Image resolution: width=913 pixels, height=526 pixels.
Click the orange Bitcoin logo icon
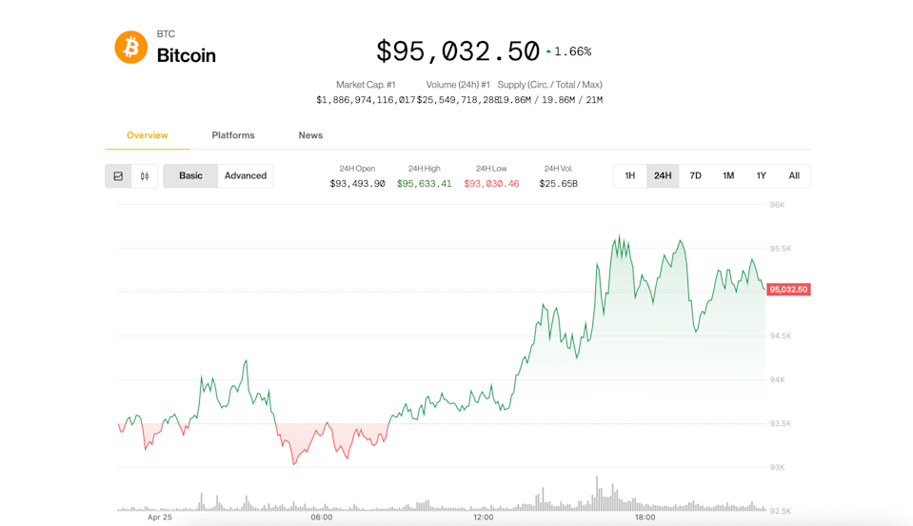[x=131, y=47]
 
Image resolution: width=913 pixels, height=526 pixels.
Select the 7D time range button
[x=696, y=175]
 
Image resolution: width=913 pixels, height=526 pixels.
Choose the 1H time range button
[x=630, y=175]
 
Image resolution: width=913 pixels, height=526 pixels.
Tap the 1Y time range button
[x=762, y=175]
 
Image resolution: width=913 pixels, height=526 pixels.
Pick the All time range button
[x=794, y=175]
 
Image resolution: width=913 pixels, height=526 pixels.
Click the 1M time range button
[x=728, y=175]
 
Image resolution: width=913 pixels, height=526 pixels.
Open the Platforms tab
[x=233, y=135]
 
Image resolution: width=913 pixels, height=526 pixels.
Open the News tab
[x=310, y=135]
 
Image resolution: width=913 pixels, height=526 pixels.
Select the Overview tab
[x=148, y=135]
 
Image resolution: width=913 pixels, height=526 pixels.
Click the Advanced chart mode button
[x=246, y=175]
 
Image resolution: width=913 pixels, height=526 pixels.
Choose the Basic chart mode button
[x=190, y=175]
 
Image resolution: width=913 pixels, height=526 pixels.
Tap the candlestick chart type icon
[x=145, y=176]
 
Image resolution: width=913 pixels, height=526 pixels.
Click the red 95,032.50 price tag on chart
[x=788, y=290]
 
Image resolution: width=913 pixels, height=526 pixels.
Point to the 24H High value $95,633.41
[x=424, y=184]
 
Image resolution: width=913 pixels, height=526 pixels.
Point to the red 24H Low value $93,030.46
[x=491, y=184]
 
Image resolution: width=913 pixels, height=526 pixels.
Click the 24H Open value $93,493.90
[x=357, y=184]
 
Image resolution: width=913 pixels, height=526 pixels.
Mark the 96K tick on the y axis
[x=777, y=205]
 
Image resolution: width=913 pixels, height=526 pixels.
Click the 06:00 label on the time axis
[x=322, y=517]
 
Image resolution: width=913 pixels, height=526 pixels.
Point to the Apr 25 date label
[x=160, y=517]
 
